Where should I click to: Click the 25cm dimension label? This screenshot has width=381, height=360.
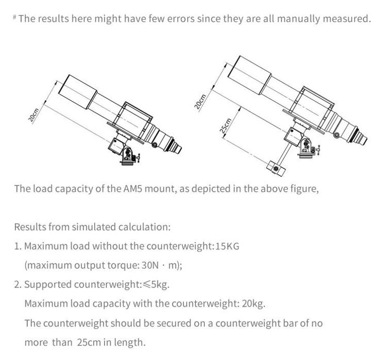click(225, 125)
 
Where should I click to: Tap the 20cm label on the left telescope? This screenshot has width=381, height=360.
click(33, 115)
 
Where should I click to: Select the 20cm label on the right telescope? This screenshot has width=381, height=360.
click(200, 101)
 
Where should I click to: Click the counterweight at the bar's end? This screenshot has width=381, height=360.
click(276, 168)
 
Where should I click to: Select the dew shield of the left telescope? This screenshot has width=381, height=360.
click(78, 92)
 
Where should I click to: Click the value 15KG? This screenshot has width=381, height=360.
click(227, 246)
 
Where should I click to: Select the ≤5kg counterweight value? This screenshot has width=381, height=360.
click(155, 284)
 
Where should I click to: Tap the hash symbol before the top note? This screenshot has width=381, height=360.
click(15, 17)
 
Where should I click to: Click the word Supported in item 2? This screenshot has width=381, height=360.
click(47, 284)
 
